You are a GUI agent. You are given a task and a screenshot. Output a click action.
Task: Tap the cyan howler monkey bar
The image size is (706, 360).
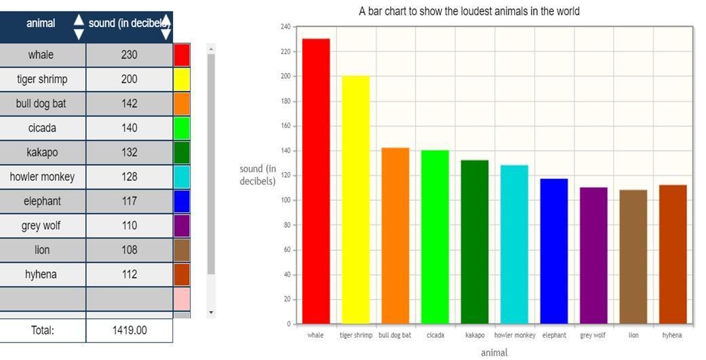point(514,244)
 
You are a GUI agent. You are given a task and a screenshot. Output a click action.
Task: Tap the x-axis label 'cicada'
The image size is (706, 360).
point(435,335)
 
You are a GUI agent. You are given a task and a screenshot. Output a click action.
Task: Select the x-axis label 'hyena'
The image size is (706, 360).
point(672,335)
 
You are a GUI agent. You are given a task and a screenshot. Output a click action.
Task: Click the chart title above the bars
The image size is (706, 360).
point(469,12)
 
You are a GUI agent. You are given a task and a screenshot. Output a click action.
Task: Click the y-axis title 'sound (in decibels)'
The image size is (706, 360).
point(258,175)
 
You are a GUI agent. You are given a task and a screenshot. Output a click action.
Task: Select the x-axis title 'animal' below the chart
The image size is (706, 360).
point(494,353)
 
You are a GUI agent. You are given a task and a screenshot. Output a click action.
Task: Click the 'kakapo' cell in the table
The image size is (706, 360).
point(42,153)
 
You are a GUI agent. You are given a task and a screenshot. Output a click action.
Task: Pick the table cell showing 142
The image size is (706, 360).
point(129,104)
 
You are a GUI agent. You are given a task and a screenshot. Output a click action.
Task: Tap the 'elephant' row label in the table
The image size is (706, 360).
point(42,201)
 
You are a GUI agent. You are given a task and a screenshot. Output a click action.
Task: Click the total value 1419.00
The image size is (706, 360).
point(129,330)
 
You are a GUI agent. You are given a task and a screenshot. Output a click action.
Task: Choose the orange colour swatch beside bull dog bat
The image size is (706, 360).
point(182,104)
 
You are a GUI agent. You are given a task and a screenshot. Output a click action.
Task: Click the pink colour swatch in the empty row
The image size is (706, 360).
point(182,298)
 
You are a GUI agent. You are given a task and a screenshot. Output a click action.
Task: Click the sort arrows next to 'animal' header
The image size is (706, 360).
point(79,26)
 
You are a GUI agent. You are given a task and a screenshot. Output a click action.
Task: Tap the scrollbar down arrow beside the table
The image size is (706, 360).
point(211,313)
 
